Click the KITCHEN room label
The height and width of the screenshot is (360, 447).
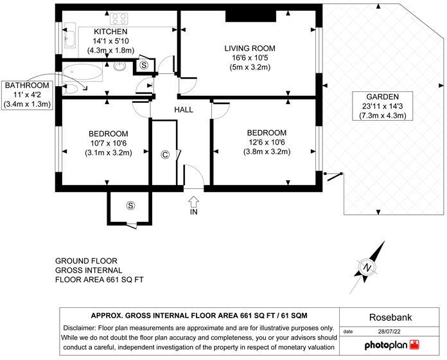[110, 32]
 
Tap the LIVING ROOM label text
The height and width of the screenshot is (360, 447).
[250, 48]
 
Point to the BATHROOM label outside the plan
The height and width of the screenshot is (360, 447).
[27, 85]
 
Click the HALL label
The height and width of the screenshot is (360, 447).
[184, 110]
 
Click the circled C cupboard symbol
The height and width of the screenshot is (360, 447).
[165, 155]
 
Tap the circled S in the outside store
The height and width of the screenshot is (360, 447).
[131, 206]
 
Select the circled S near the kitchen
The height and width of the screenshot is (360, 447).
[144, 65]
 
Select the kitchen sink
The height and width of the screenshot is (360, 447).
[71, 37]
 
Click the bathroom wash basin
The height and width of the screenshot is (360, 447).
[120, 66]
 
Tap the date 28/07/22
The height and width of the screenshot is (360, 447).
[390, 332]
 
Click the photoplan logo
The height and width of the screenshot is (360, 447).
[392, 345]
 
